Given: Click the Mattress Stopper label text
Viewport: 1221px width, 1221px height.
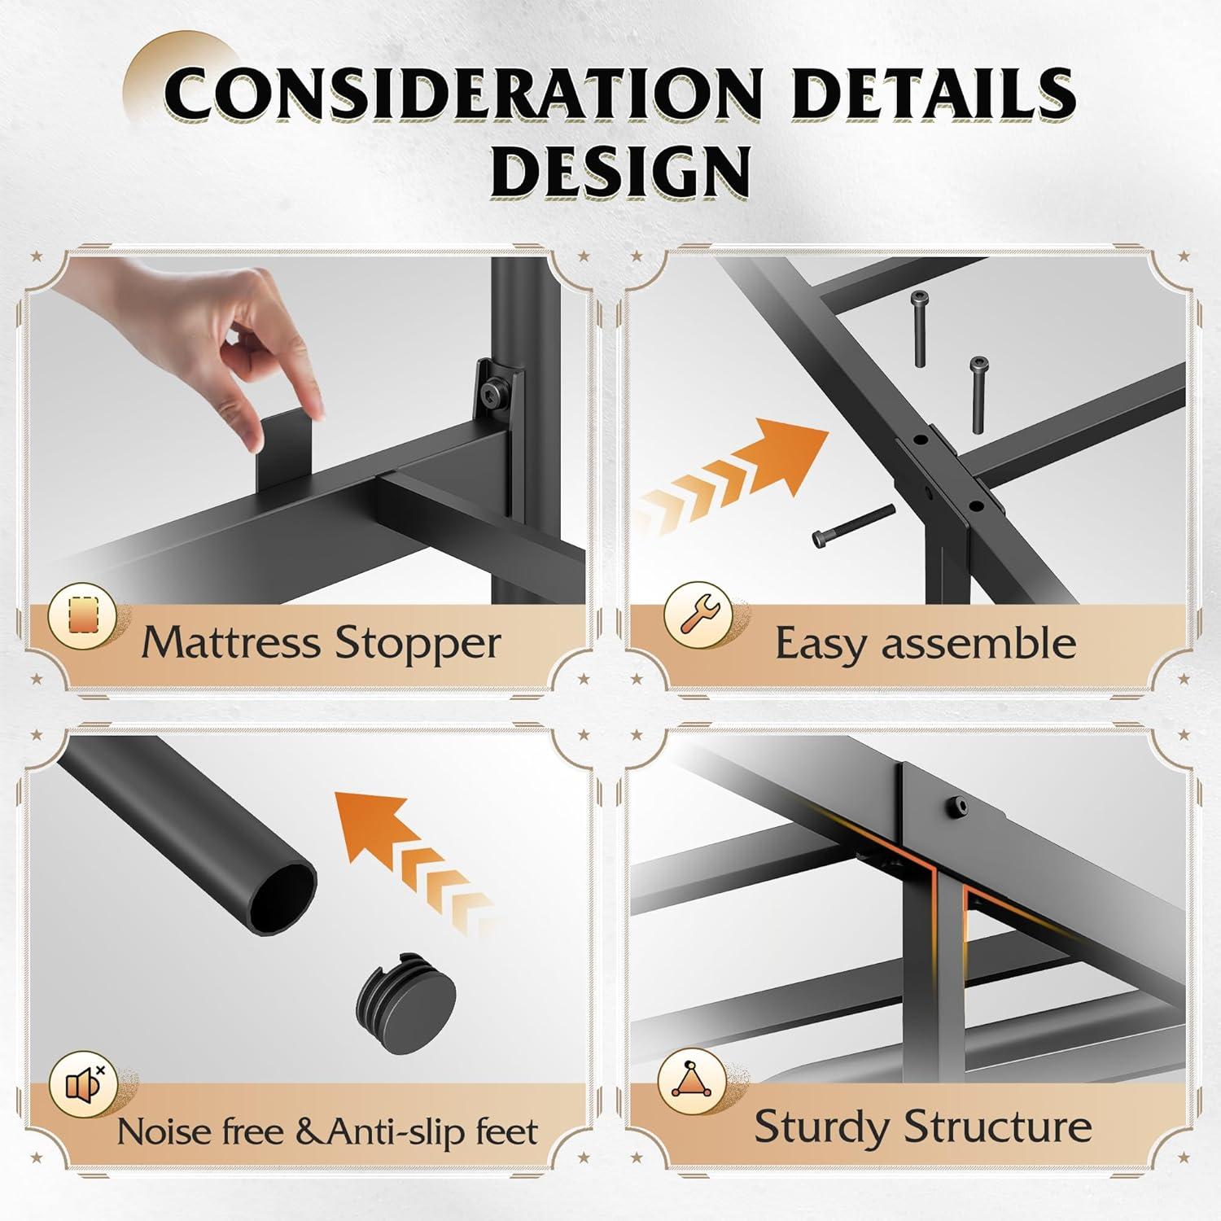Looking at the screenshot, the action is point(321,644).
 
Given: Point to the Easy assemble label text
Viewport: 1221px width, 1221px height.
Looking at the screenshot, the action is point(926,644).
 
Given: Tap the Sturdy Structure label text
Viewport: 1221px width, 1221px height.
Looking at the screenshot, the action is point(923,1127).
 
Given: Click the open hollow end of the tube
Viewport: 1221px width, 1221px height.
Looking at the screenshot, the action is point(282,897).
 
